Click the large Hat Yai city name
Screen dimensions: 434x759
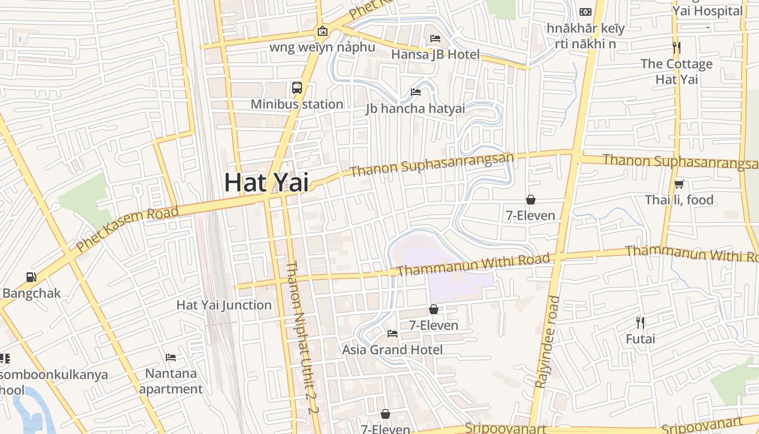[x=266, y=182]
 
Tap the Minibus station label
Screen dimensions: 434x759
[x=297, y=104]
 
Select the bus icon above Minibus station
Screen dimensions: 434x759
[x=297, y=88]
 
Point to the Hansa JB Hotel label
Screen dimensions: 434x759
[x=435, y=54]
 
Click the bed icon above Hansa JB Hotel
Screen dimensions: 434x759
[x=435, y=38]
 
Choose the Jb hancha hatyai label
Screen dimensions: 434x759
[x=415, y=108]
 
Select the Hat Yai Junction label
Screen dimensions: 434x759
[x=224, y=305]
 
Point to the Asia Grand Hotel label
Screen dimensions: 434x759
[x=392, y=350]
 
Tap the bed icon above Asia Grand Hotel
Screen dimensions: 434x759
[x=393, y=333]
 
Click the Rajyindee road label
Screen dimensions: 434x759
[x=546, y=342]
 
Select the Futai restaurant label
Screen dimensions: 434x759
[x=640, y=339]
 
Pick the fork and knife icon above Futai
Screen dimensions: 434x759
[x=640, y=323]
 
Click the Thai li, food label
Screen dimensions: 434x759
[x=679, y=200]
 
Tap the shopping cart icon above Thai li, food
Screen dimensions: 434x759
[x=679, y=184]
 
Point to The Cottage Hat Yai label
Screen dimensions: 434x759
[x=677, y=71]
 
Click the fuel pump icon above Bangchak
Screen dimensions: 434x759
[x=31, y=277]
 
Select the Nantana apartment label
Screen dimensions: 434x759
[x=171, y=381]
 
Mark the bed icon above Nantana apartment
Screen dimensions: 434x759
[x=171, y=358]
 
